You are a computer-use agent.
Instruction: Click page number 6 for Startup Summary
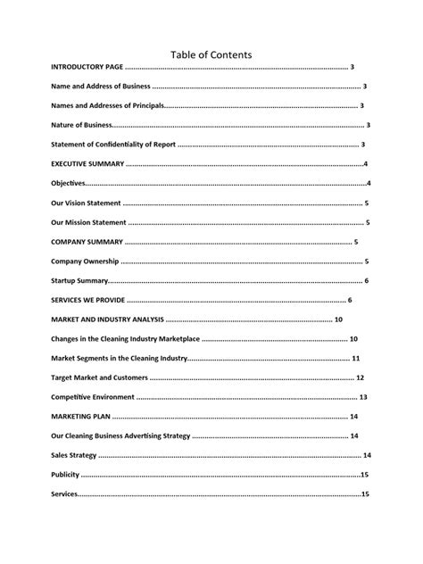[x=366, y=281]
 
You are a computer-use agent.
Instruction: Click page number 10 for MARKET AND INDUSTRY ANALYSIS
[x=339, y=319]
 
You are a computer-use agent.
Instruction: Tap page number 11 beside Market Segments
[x=356, y=359]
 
